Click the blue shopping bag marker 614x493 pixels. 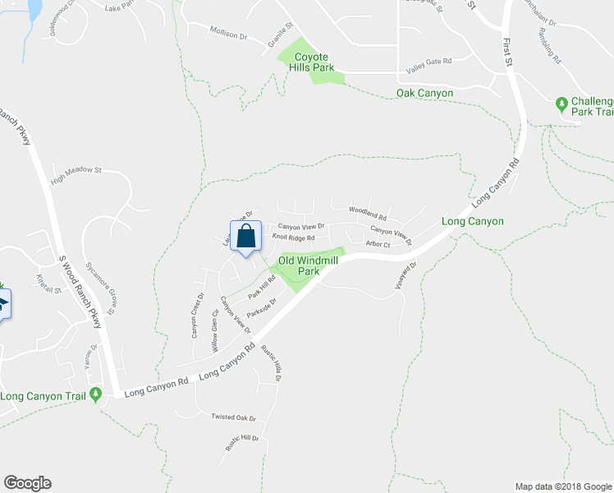pyautogui.click(x=245, y=236)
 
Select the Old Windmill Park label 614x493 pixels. pyautogui.click(x=297, y=265)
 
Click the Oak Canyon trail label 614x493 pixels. pyautogui.click(x=424, y=93)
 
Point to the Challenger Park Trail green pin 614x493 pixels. pyautogui.click(x=561, y=104)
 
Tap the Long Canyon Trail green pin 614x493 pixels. pyautogui.click(x=97, y=395)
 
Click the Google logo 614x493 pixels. pyautogui.click(x=27, y=483)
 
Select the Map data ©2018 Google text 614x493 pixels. pyautogui.click(x=562, y=486)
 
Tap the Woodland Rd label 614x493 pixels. pyautogui.click(x=367, y=210)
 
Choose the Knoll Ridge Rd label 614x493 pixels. pyautogui.click(x=293, y=237)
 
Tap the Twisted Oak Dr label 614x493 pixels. pyautogui.click(x=234, y=417)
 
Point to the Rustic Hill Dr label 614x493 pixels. pyautogui.click(x=242, y=443)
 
